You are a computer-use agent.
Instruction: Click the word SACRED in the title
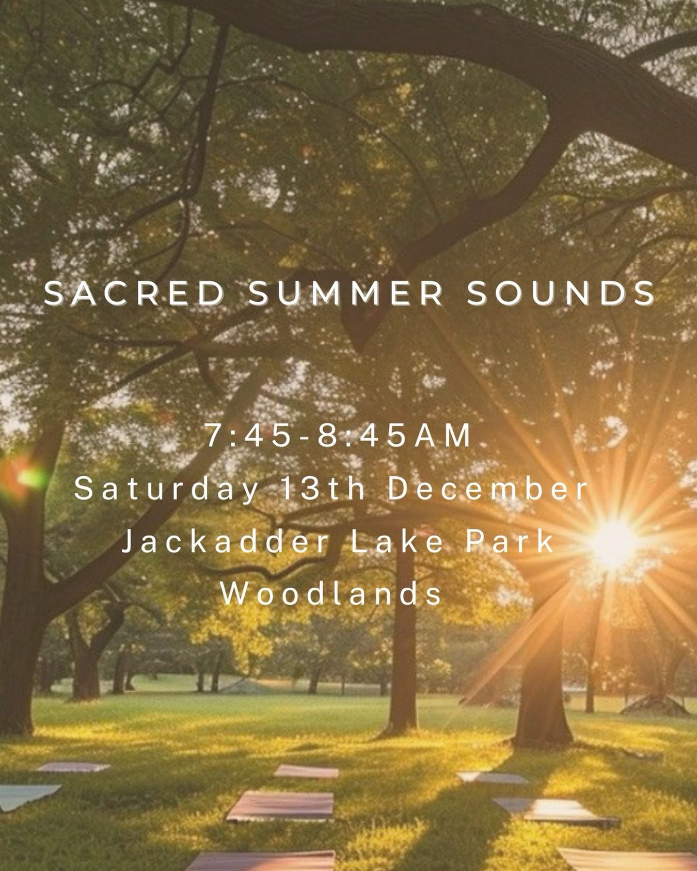[x=133, y=294]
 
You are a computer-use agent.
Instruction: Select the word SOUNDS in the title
[x=561, y=294]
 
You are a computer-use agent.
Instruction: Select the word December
[x=488, y=489]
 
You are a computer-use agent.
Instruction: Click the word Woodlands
[x=331, y=594]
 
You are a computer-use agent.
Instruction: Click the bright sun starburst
[x=613, y=544]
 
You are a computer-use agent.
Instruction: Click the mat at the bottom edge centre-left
[x=263, y=862]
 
